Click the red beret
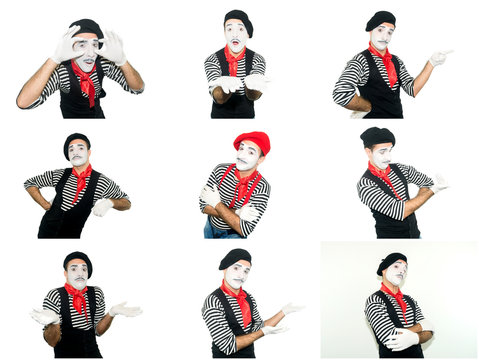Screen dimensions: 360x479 click(252, 140)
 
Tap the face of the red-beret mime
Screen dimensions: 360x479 click(247, 157)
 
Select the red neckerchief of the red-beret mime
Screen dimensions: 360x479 click(243, 184)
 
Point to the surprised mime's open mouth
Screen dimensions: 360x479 click(236, 43)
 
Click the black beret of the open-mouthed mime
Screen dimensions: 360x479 click(238, 17)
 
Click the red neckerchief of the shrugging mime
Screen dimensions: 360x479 click(77, 299)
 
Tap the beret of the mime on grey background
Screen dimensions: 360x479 click(391, 262)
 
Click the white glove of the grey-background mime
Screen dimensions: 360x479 click(402, 339)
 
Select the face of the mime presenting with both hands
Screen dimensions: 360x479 click(237, 273)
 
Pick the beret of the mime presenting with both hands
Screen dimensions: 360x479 click(235, 257)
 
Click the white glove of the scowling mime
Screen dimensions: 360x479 click(102, 206)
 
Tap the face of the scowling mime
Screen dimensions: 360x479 click(78, 153)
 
